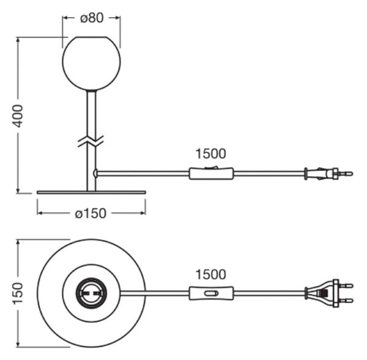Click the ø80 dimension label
pyautogui.click(x=92, y=18)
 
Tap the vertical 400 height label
pyautogui.click(x=18, y=116)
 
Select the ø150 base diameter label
pyautogui.click(x=91, y=213)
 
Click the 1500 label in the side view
pyautogui.click(x=210, y=153)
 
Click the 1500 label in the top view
pyautogui.click(x=210, y=274)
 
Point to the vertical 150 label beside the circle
pyautogui.click(x=18, y=293)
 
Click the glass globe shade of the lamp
pyautogui.click(x=91, y=64)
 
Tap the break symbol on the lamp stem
pyautogui.click(x=91, y=141)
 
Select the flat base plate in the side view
pyautogui.click(x=91, y=193)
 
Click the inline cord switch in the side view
pyautogui.click(x=211, y=174)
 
